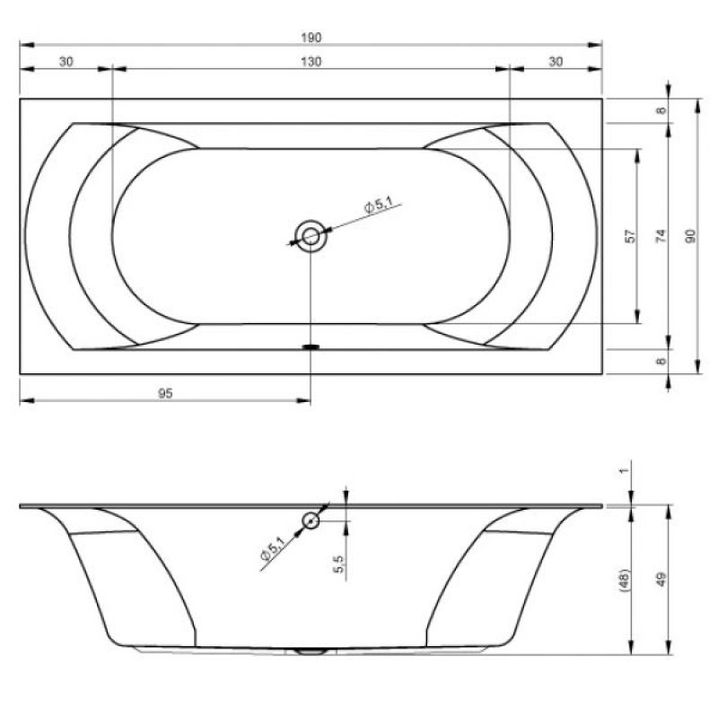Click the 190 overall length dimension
click(x=311, y=37)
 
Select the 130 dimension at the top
click(x=311, y=61)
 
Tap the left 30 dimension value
click(x=66, y=61)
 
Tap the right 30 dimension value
click(x=556, y=61)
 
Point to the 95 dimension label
click(x=165, y=393)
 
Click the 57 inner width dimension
click(x=631, y=236)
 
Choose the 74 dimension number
click(x=661, y=236)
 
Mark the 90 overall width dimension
click(x=690, y=236)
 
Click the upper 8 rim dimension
click(x=661, y=110)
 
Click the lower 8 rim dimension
click(x=661, y=362)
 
